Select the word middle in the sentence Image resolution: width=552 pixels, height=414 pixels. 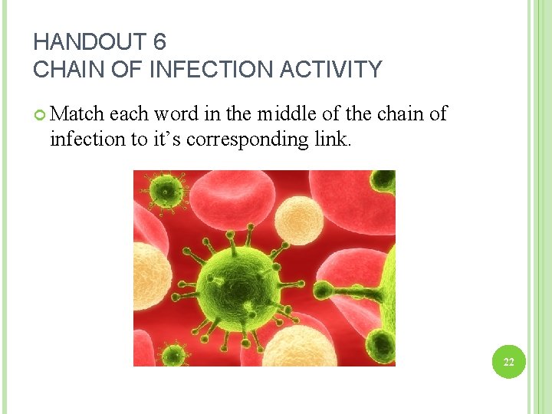[x=286, y=114]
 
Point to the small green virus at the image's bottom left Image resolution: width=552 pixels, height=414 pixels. [x=174, y=354]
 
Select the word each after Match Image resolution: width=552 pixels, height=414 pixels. [x=130, y=114]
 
